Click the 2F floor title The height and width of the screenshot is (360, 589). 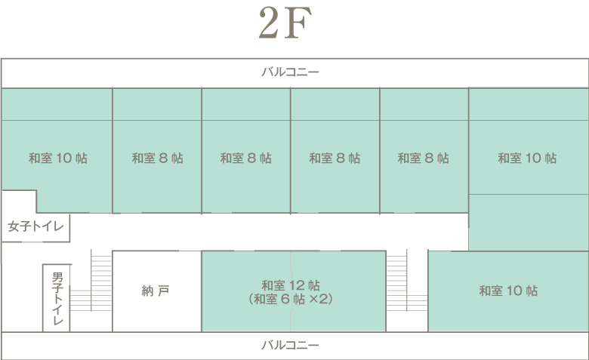[285, 23]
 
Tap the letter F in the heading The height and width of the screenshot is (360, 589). [298, 23]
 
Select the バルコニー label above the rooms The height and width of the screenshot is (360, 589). [290, 72]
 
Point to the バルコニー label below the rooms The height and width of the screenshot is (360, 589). [290, 345]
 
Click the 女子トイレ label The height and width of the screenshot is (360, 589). [35, 226]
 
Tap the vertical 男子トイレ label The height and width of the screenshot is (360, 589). [58, 299]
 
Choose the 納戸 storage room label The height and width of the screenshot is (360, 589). [155, 291]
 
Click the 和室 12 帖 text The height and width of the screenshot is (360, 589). [291, 286]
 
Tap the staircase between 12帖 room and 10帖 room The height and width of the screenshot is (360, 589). [407, 281]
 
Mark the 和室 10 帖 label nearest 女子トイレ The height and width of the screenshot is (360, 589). [58, 158]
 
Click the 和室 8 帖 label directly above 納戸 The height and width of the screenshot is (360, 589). [157, 158]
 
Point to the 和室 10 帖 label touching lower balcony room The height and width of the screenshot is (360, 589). [508, 291]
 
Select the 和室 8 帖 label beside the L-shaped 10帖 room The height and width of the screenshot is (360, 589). [424, 158]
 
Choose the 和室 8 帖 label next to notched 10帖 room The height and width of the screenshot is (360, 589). [157, 158]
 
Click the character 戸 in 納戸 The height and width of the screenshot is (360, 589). [163, 291]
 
